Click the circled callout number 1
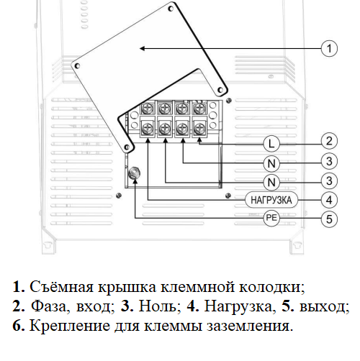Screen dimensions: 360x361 point(329,48)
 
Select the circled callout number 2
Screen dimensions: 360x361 point(329,141)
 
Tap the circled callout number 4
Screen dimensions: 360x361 point(329,200)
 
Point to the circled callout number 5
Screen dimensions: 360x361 point(329,219)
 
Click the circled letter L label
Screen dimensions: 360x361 point(271,144)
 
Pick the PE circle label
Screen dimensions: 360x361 point(271,218)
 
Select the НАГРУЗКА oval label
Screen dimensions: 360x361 point(271,200)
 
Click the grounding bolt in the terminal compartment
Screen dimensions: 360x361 point(134,173)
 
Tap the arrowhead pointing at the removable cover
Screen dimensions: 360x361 point(143,48)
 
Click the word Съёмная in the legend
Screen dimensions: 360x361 point(61,287)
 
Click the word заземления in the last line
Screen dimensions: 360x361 point(250,326)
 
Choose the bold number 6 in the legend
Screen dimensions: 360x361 point(19,326)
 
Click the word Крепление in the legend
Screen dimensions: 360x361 point(70,326)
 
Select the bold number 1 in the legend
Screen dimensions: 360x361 point(19,287)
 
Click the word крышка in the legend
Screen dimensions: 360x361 point(127,287)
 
